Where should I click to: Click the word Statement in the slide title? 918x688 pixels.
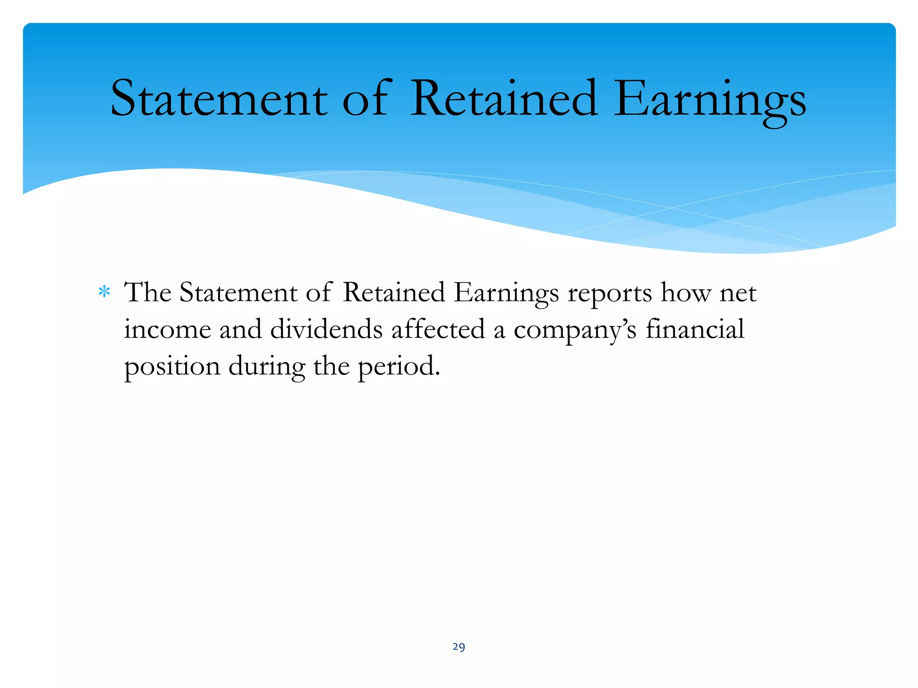click(219, 99)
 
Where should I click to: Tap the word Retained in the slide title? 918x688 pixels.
click(504, 99)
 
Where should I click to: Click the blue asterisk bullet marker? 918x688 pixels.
click(104, 292)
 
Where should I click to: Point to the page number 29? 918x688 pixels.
click(459, 647)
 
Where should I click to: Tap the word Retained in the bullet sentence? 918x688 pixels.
click(394, 293)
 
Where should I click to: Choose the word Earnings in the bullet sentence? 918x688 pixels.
click(506, 294)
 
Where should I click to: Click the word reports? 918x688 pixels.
click(610, 294)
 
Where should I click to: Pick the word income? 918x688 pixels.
click(167, 330)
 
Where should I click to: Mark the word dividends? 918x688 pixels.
click(326, 330)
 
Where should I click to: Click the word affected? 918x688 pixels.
click(438, 330)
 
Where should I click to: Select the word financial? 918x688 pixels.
click(695, 330)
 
